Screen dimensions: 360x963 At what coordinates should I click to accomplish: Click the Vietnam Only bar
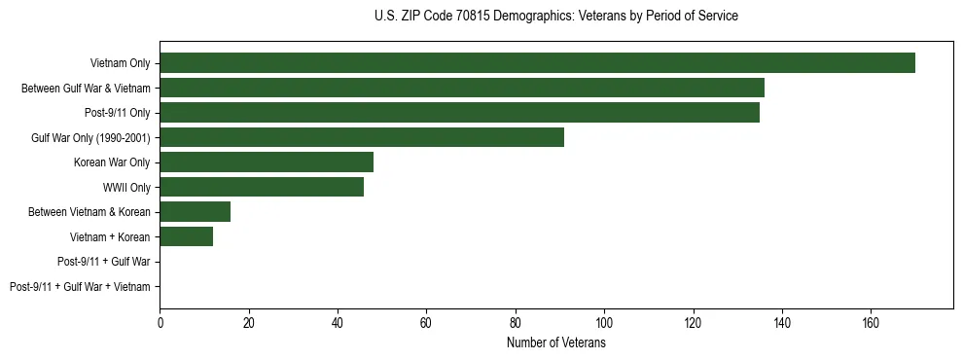pos(537,63)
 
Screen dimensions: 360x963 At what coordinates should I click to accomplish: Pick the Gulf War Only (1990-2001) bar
pos(362,137)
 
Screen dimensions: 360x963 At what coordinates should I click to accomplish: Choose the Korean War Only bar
pos(267,162)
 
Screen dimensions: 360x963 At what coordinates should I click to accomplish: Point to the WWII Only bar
pos(262,187)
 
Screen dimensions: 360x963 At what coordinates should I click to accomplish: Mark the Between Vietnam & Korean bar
pos(196,212)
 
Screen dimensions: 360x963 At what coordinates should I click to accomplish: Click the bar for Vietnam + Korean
pos(187,236)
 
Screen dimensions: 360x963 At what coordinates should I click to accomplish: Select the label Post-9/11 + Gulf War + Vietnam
pos(80,287)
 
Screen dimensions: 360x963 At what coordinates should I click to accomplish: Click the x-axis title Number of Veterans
pos(555,343)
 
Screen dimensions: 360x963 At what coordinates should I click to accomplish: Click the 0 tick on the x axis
pos(160,322)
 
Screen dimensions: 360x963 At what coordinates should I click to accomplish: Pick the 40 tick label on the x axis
pos(338,322)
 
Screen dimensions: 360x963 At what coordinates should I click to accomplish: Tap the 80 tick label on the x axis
pos(516,322)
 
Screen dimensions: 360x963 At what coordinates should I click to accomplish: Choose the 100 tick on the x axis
pos(604,322)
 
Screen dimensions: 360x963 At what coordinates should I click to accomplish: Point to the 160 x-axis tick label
pos(871,322)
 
